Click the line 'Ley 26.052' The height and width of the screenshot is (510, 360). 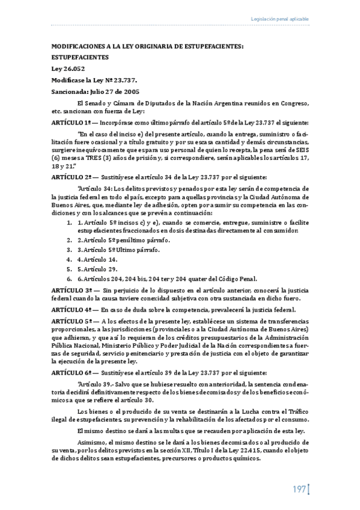[x=66, y=69]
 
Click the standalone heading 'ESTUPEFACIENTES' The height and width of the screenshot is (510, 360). [x=80, y=57]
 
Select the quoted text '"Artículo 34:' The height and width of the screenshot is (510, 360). [x=96, y=188]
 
